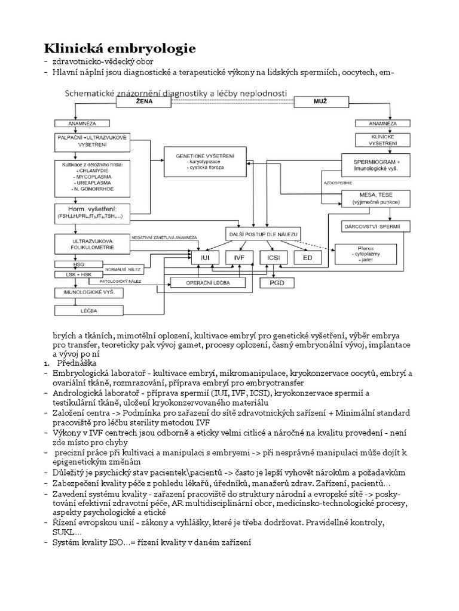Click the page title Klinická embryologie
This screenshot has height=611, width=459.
(x=120, y=48)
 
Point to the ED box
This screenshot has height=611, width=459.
(x=307, y=257)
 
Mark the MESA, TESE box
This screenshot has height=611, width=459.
(x=377, y=199)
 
